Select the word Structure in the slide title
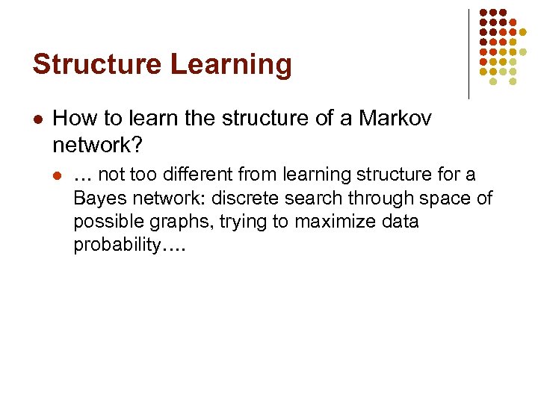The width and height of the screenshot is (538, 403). pyautogui.click(x=91, y=64)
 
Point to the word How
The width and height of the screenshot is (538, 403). pyautogui.click(x=73, y=118)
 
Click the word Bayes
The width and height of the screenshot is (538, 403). pyautogui.click(x=96, y=198)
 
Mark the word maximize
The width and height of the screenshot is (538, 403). pyautogui.click(x=336, y=222)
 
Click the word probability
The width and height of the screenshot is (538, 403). pyautogui.click(x=116, y=246)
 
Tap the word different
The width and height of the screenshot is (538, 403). pyautogui.click(x=188, y=174)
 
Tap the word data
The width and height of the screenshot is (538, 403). pyautogui.click(x=401, y=222)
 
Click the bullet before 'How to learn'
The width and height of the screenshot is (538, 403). pyautogui.click(x=38, y=119)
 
